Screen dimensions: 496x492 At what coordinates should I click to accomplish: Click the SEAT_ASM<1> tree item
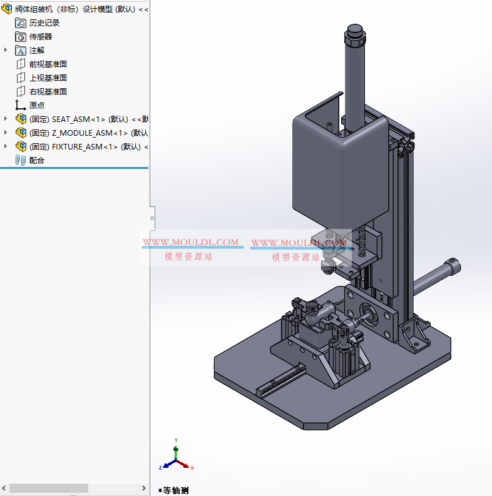tap(88, 119)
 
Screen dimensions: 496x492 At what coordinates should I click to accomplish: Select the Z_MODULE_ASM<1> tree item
tap(88, 133)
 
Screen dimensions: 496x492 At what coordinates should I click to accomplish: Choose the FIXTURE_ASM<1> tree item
tap(88, 146)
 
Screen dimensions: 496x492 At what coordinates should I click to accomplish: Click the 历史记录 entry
tap(44, 23)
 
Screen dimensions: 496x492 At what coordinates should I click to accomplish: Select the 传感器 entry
tap(41, 36)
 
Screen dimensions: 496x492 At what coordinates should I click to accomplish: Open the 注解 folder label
tap(37, 50)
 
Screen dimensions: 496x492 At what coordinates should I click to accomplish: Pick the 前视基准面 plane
tap(48, 64)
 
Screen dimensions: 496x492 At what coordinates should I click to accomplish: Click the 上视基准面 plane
tap(48, 78)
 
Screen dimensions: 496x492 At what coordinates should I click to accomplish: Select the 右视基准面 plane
tap(48, 91)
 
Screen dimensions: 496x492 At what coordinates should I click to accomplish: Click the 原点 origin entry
tap(37, 105)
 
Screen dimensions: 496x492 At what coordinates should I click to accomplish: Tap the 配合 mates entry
tap(37, 160)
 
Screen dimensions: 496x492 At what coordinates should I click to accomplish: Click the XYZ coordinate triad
tap(176, 460)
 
